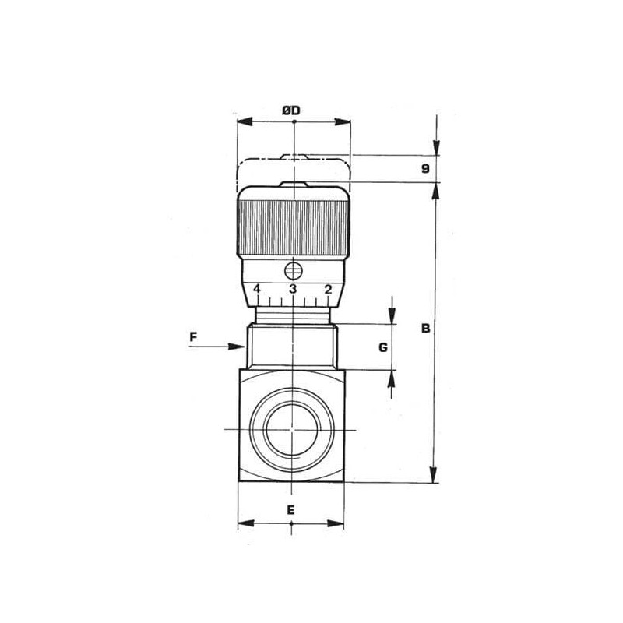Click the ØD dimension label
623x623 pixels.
point(291,111)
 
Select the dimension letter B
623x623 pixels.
point(425,329)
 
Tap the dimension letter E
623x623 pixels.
point(290,510)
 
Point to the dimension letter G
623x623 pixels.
point(383,347)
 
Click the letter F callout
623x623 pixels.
point(193,337)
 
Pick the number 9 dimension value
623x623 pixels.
point(425,169)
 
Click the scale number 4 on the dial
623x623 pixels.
point(257,289)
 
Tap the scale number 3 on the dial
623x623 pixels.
point(293,289)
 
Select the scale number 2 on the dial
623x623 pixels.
point(328,289)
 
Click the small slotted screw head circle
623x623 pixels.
point(294,271)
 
